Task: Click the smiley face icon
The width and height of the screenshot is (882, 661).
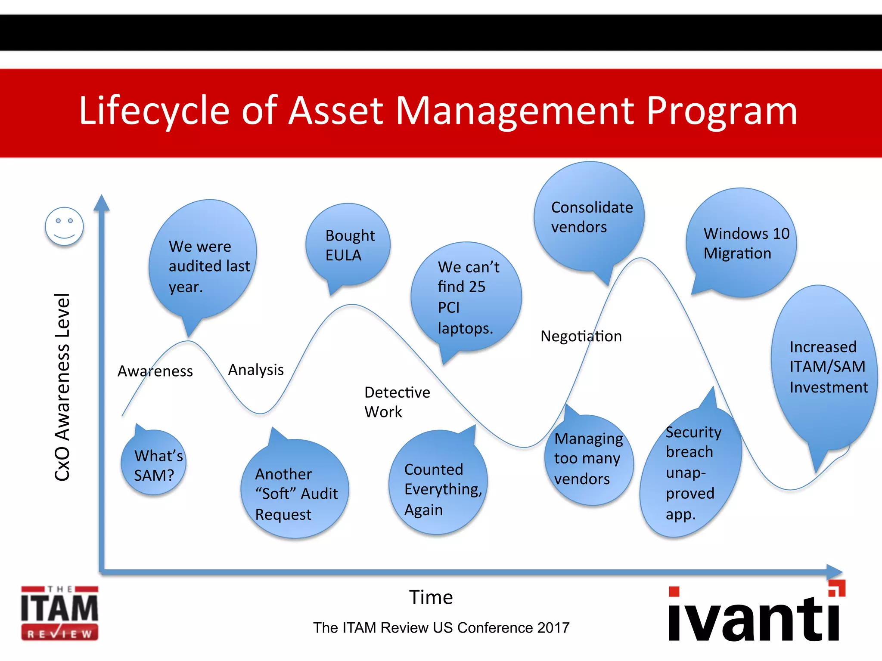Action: (64, 226)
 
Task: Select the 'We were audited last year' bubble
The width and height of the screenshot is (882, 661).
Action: (203, 263)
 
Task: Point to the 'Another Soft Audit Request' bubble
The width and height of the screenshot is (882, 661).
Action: (295, 491)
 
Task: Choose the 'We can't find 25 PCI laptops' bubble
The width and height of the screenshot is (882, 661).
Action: (466, 297)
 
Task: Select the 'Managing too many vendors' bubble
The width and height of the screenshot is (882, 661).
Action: (588, 460)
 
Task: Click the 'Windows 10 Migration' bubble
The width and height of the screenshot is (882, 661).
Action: (742, 244)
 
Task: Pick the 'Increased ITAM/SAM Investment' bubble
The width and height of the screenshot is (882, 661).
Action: (824, 368)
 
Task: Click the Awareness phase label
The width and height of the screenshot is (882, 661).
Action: (155, 371)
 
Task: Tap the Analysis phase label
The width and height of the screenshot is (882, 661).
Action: (256, 370)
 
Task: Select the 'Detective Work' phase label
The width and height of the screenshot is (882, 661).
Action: (397, 402)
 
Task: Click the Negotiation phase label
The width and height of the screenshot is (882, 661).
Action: (581, 336)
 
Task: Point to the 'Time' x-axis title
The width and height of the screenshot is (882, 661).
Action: (431, 597)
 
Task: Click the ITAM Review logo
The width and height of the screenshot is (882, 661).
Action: (60, 613)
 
